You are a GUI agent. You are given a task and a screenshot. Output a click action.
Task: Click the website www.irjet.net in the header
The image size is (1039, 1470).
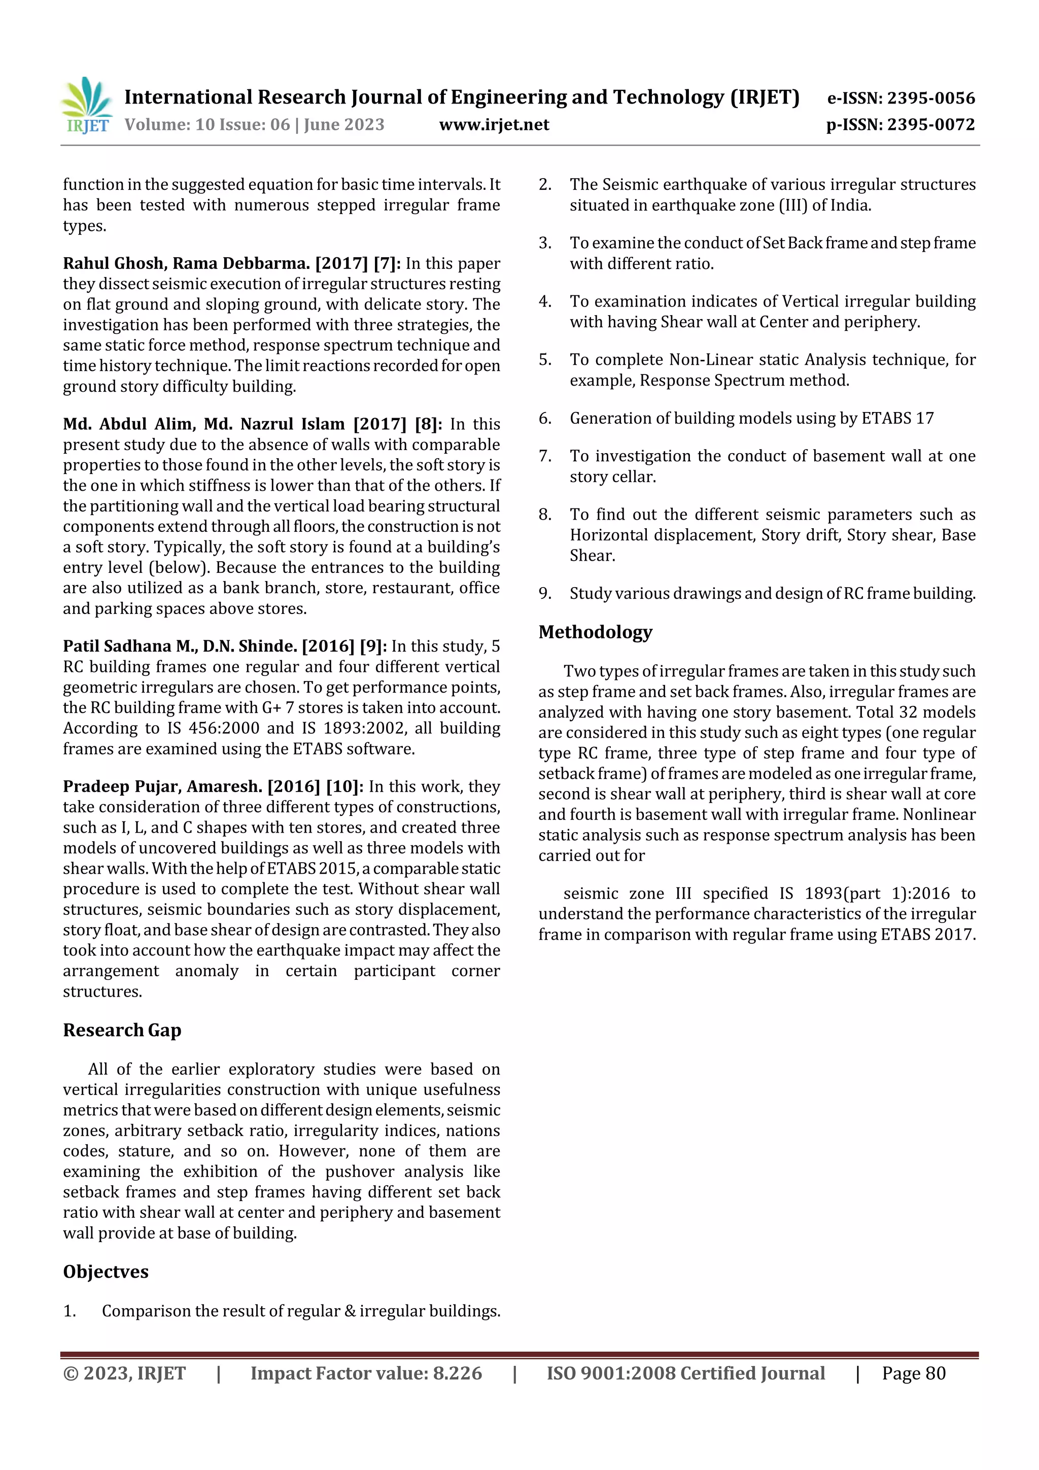click(x=494, y=125)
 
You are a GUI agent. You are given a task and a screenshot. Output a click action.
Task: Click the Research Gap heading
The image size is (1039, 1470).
click(x=122, y=1030)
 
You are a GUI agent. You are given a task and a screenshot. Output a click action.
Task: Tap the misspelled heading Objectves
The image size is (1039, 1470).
click(x=106, y=1272)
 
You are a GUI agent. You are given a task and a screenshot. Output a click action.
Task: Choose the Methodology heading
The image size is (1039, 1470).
click(x=595, y=632)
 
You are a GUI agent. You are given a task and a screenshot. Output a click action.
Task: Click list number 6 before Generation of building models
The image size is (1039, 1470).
click(x=545, y=419)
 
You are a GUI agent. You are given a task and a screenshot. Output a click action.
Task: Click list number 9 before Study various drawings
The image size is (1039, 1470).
click(x=545, y=594)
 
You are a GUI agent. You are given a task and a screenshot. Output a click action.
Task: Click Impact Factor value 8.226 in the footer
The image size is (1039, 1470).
click(x=366, y=1373)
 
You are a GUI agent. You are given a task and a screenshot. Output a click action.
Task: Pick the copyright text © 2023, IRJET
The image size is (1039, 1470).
click(x=124, y=1373)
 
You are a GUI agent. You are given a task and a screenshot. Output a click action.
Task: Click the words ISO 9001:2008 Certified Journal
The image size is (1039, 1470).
click(x=685, y=1373)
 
